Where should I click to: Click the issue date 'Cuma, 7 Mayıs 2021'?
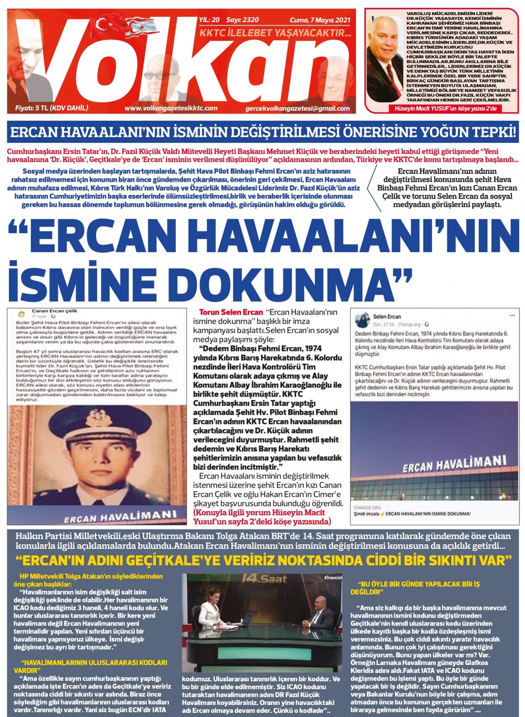[320, 20]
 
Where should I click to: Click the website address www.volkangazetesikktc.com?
[171, 108]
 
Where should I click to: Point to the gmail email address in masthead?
[297, 108]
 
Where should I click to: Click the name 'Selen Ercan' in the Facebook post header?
[386, 317]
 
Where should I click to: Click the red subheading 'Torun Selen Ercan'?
[230, 312]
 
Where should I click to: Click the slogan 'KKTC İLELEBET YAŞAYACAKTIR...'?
[275, 33]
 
